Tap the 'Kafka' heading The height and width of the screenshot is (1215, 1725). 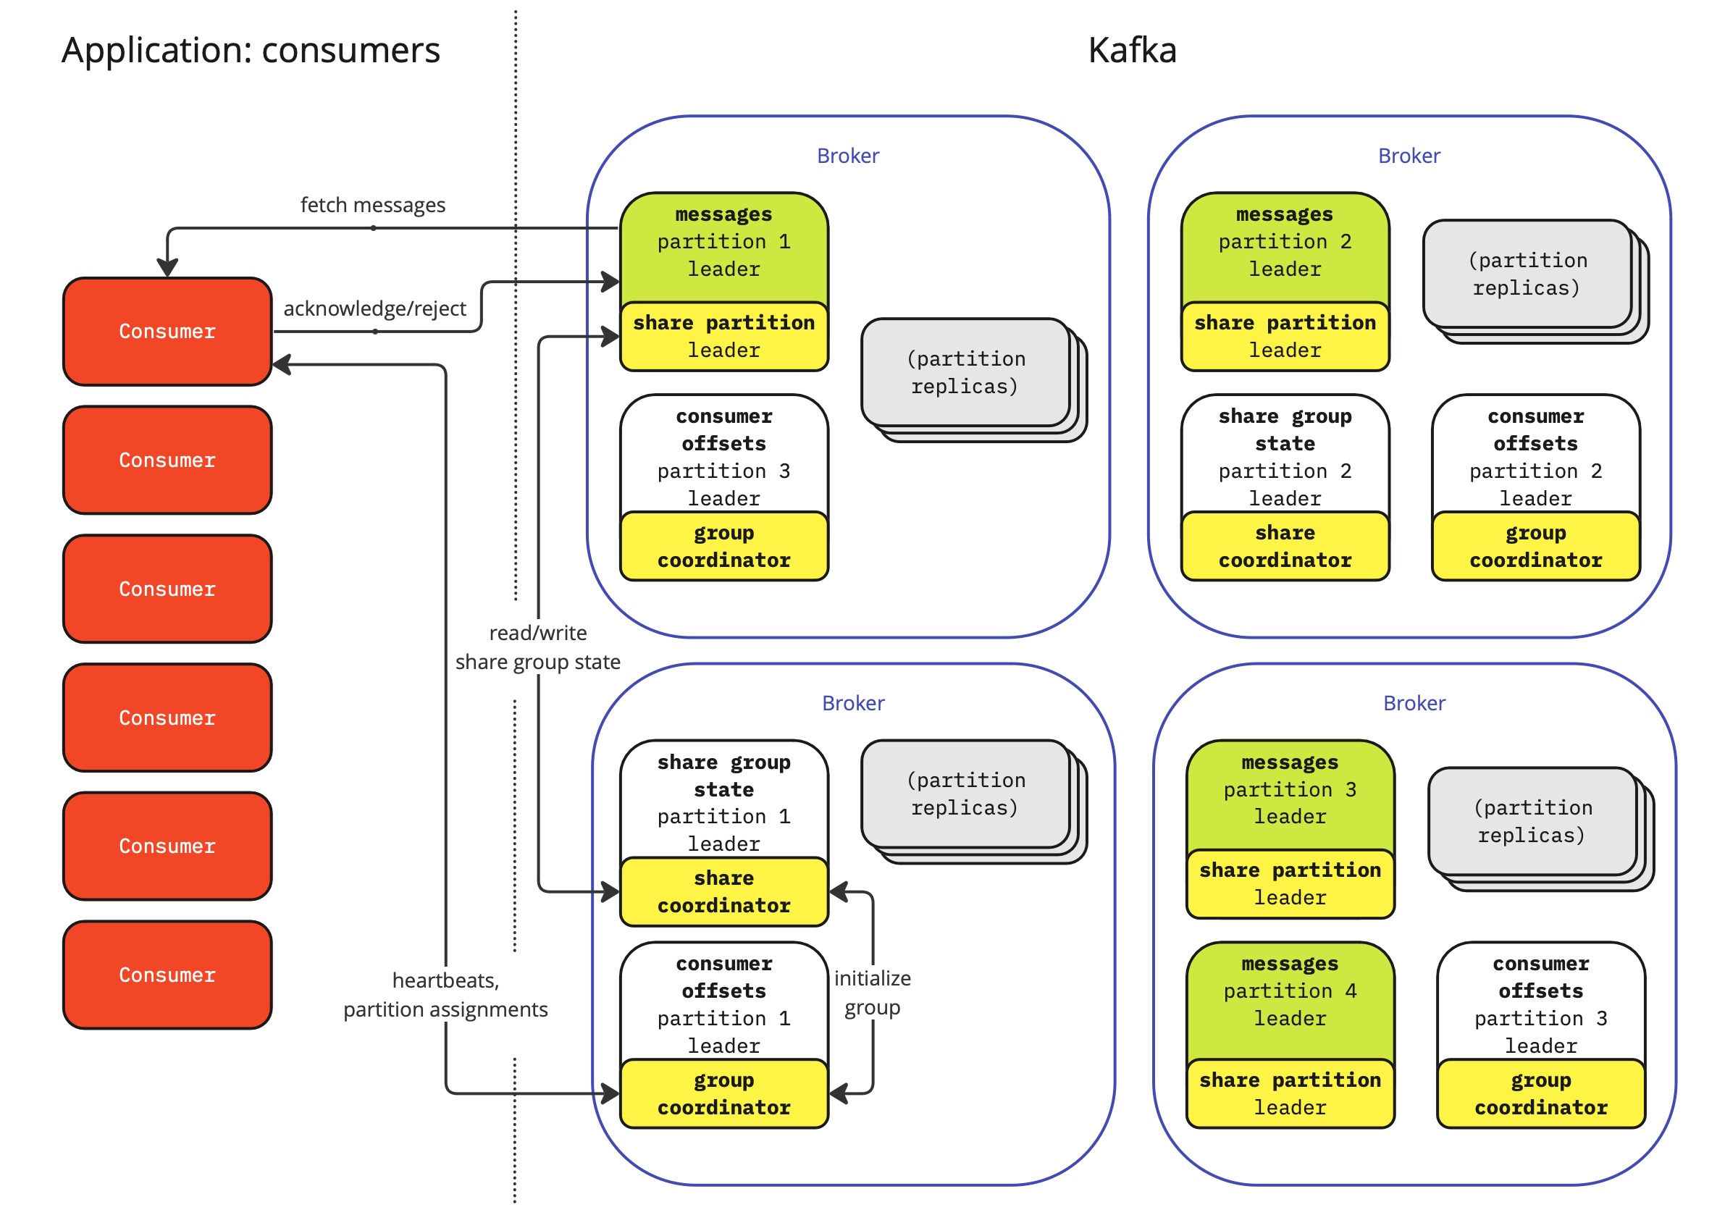pyautogui.click(x=1131, y=51)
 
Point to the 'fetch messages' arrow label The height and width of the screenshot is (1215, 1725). pyautogui.click(x=373, y=205)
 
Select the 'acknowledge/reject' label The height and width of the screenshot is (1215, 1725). pyautogui.click(x=374, y=309)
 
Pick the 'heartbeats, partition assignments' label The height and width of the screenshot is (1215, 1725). pyautogui.click(x=445, y=995)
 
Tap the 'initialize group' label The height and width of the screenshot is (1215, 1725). pyautogui.click(x=872, y=993)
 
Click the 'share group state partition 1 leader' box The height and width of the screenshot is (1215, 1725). pyautogui.click(x=723, y=802)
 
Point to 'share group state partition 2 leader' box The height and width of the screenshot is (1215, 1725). pyautogui.click(x=1285, y=456)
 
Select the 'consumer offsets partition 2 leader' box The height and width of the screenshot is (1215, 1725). pyautogui.click(x=1536, y=456)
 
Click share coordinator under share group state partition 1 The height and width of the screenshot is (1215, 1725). pyautogui.click(x=723, y=892)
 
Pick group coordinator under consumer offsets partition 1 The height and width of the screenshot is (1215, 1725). pyautogui.click(x=723, y=1094)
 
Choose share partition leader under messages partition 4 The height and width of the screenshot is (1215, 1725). pyautogui.click(x=1290, y=1094)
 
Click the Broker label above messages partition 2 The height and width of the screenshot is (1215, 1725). pyautogui.click(x=1409, y=156)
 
